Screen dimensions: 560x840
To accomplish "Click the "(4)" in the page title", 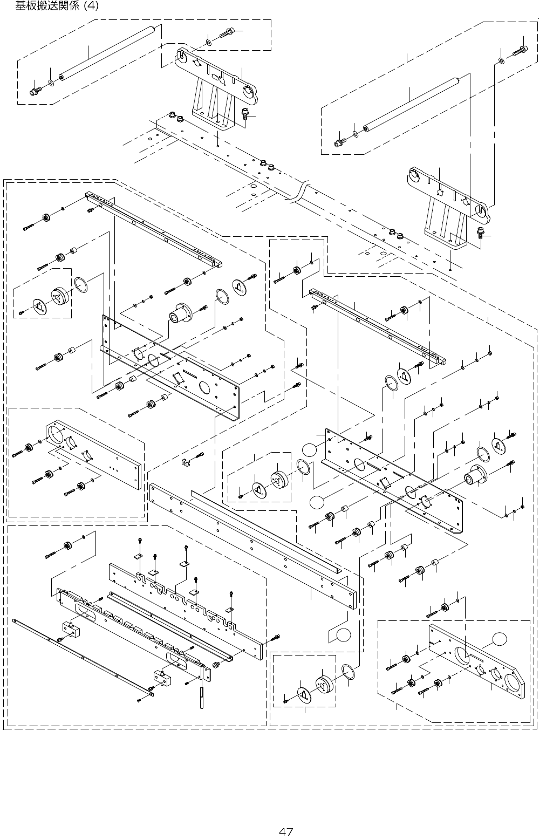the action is [91, 5].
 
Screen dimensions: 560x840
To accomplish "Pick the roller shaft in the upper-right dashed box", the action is [411, 105].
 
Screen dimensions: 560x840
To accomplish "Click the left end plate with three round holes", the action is [94, 454].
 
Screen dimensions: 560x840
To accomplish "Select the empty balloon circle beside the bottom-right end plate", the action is [499, 638].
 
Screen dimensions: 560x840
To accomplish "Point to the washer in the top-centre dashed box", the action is [209, 43].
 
